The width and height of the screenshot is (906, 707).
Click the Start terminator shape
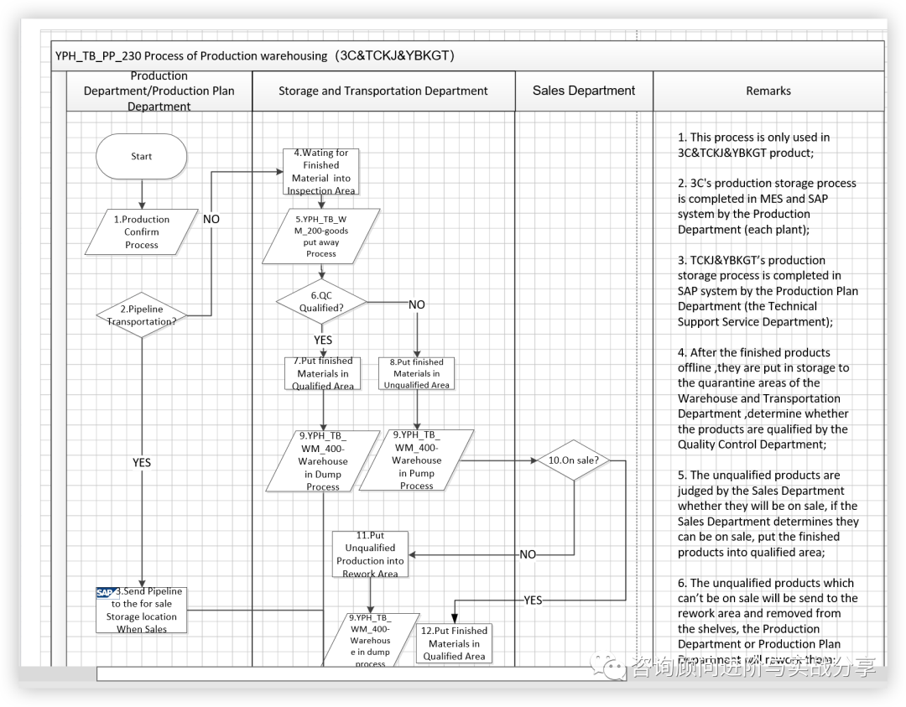tap(141, 156)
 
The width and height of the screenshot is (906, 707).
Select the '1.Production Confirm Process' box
tap(142, 232)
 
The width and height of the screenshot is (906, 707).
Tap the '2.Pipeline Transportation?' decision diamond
tap(142, 315)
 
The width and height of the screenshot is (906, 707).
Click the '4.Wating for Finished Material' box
tap(321, 172)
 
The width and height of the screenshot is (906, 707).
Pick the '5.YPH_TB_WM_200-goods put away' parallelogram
tap(321, 237)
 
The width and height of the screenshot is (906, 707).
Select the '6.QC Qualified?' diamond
tap(322, 302)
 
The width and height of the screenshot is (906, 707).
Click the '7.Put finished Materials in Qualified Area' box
tap(323, 374)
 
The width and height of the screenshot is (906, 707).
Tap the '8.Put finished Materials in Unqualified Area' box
tap(417, 374)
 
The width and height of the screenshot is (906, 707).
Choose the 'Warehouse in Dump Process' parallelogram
tap(323, 460)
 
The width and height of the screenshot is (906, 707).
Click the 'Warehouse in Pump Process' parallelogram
tap(416, 460)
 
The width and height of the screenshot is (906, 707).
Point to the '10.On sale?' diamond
tap(573, 460)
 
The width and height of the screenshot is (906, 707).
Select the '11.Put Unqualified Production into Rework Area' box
tap(370, 554)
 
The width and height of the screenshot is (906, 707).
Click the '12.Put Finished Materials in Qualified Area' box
tap(454, 643)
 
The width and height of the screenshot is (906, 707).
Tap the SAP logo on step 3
tap(107, 592)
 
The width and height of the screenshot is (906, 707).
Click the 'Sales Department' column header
tap(584, 91)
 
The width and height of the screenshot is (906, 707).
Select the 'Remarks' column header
tap(768, 91)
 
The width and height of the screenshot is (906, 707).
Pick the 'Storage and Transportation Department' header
tap(383, 91)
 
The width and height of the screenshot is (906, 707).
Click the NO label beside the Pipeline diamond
tap(211, 219)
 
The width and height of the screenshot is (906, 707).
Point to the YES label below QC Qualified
tap(323, 340)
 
